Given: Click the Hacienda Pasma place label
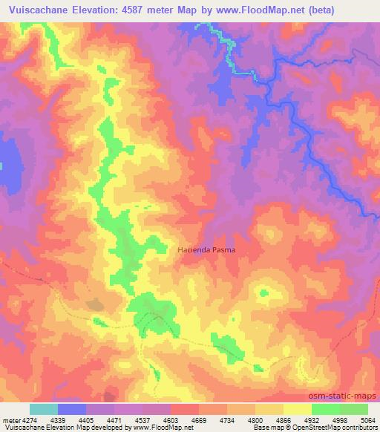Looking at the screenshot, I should pyautogui.click(x=206, y=250).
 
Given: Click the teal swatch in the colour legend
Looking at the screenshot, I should pyautogui.click(x=44, y=410).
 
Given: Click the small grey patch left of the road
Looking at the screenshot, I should pyautogui.click(x=95, y=304).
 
